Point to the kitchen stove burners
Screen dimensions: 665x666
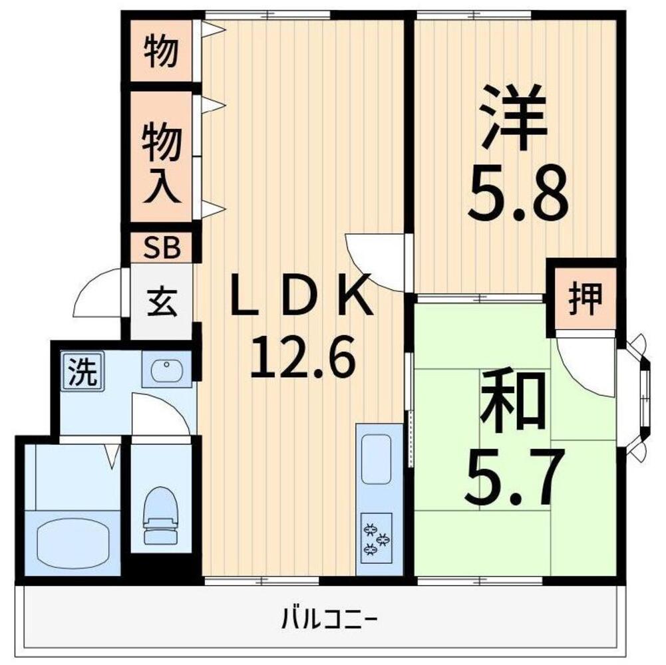pos(376,538)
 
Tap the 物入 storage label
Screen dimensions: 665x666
pos(162,163)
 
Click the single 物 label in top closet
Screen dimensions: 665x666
pos(162,53)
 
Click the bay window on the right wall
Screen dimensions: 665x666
pos(638,397)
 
